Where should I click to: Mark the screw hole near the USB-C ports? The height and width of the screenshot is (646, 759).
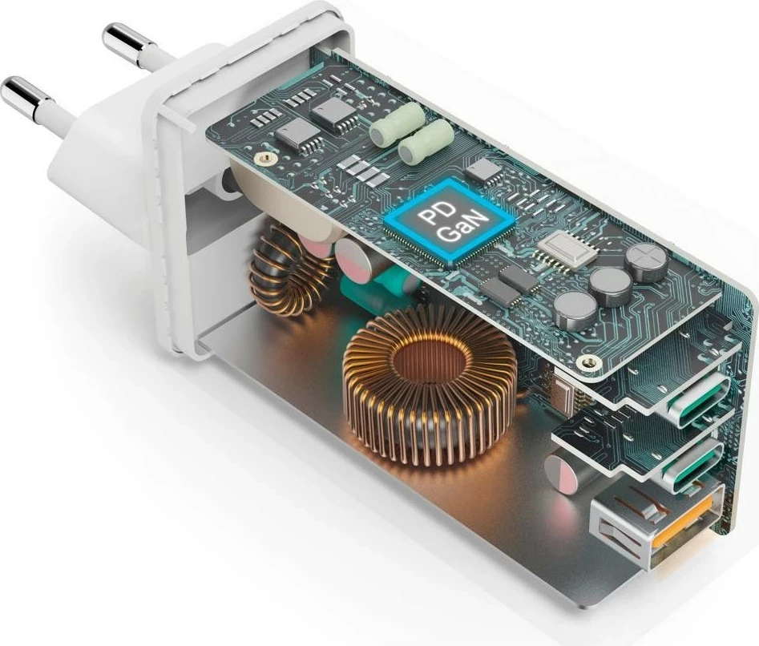click(x=591, y=363)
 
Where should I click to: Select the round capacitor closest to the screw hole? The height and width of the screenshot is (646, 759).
click(x=573, y=308)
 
